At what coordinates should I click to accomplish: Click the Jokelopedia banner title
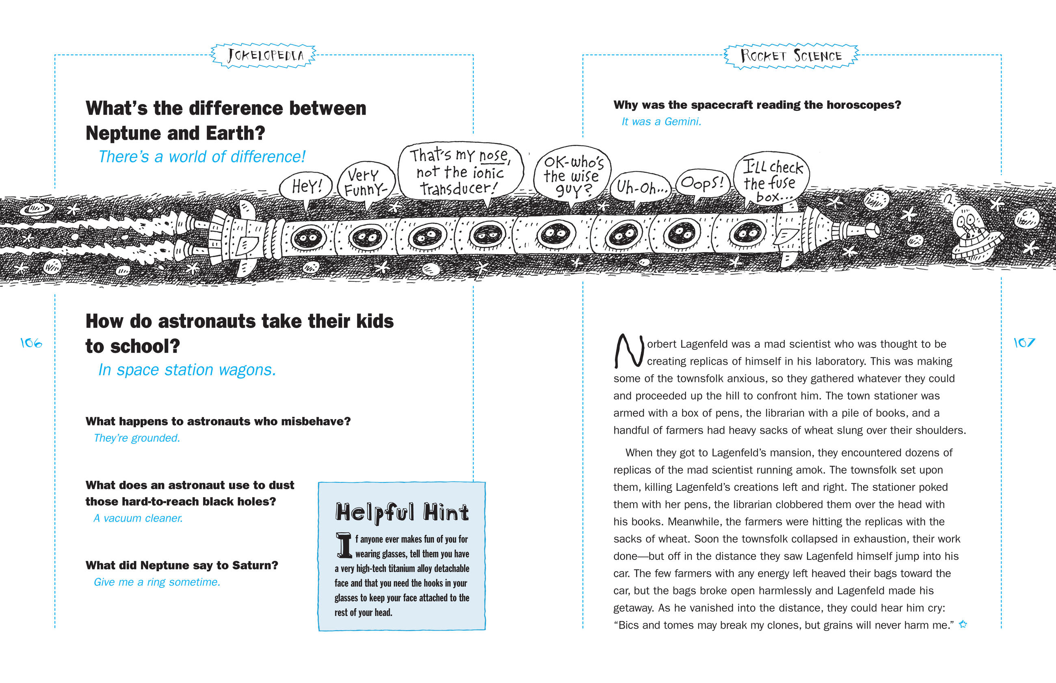tap(264, 56)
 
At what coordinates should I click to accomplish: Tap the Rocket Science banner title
tap(791, 56)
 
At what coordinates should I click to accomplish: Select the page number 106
tap(31, 343)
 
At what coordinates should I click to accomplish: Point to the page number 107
tap(1024, 342)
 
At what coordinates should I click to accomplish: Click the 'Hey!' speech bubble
tap(306, 187)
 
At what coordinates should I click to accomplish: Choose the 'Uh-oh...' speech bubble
tap(641, 188)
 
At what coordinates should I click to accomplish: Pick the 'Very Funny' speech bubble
tap(366, 182)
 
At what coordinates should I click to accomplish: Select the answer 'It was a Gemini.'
tap(661, 121)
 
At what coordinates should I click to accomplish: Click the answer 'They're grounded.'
tap(136, 438)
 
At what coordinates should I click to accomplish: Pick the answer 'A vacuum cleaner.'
tap(138, 518)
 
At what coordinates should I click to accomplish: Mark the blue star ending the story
tap(963, 625)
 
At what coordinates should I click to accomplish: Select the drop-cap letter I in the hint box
tap(344, 545)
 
